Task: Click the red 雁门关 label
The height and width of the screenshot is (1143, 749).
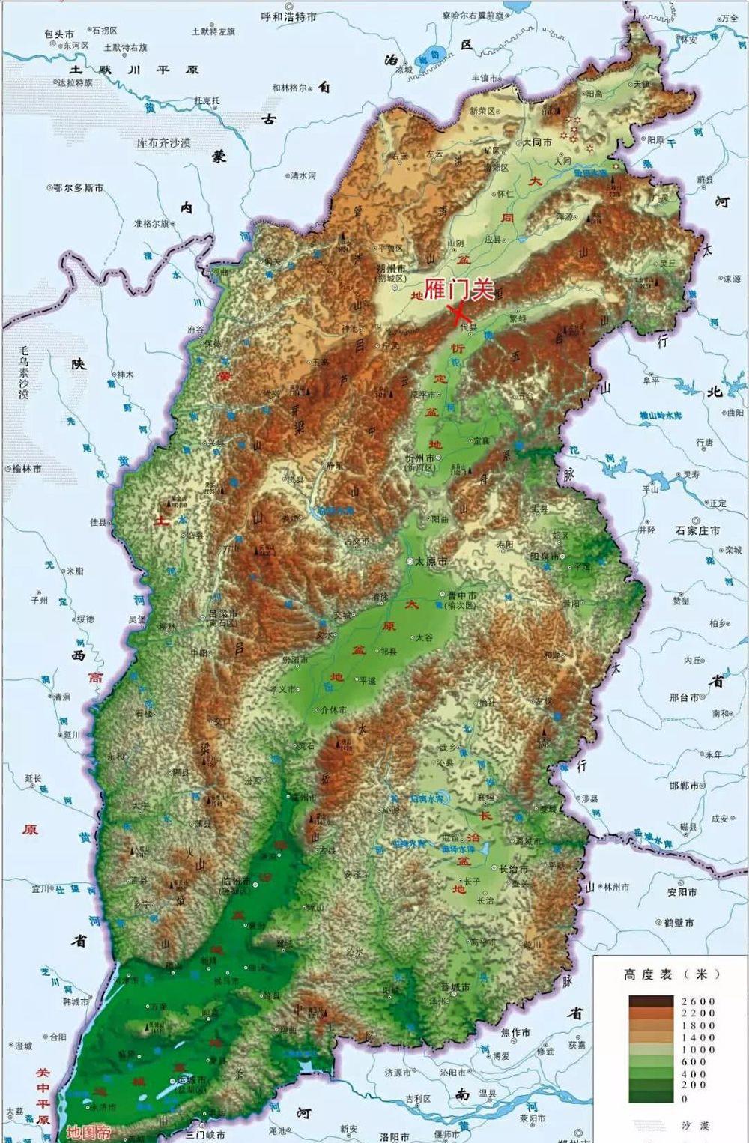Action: (x=459, y=289)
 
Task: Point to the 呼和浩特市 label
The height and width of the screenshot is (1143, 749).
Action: (x=288, y=16)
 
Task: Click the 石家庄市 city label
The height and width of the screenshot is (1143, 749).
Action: (x=697, y=530)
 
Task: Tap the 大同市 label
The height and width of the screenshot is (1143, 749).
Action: (x=537, y=142)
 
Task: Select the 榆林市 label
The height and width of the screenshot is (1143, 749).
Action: (x=27, y=468)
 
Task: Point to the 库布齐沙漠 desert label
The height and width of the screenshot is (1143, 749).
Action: (x=163, y=142)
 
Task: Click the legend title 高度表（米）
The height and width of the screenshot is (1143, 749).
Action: (x=670, y=974)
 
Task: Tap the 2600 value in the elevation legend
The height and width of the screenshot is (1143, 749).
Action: (x=698, y=1001)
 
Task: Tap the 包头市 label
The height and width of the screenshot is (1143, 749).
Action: (x=59, y=34)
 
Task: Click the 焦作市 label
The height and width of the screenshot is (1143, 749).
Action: (x=515, y=1033)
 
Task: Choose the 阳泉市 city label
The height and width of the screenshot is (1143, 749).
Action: (x=545, y=557)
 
